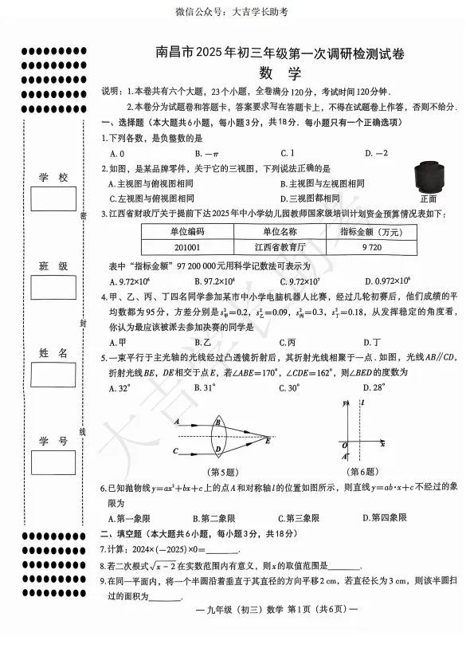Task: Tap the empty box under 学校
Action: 53,198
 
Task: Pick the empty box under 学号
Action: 53,462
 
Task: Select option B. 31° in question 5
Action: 205,388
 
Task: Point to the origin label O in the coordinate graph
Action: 339,446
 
